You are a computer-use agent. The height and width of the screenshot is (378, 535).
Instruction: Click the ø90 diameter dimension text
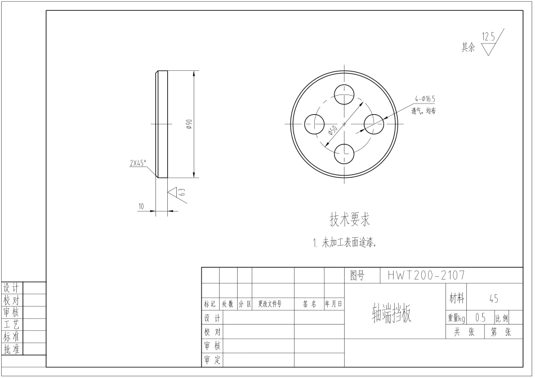[x=189, y=124]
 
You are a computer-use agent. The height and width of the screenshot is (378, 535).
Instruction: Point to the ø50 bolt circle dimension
[x=332, y=132]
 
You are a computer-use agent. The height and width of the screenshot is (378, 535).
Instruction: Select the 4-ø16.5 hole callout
[x=425, y=98]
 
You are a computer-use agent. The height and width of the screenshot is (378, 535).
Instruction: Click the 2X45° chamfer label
[x=137, y=164]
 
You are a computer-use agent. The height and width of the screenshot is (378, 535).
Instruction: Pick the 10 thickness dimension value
[x=141, y=206]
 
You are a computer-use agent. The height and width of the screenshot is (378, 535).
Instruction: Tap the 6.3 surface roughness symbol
[x=177, y=193]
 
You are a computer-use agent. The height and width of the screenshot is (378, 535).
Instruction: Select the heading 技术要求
[x=350, y=218]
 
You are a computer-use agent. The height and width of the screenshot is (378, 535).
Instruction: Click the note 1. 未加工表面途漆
[x=344, y=244]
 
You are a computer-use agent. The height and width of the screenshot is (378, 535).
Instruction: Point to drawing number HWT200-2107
[x=426, y=276]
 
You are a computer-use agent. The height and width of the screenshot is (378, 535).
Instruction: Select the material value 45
[x=493, y=299]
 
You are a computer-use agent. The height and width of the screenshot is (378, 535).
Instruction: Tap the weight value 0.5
[x=480, y=318]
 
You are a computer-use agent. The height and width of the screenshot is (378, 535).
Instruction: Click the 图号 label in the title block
[x=357, y=276]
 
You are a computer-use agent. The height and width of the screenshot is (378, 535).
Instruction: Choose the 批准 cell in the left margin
[x=12, y=349]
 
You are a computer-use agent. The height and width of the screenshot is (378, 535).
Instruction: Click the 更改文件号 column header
[x=269, y=304]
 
